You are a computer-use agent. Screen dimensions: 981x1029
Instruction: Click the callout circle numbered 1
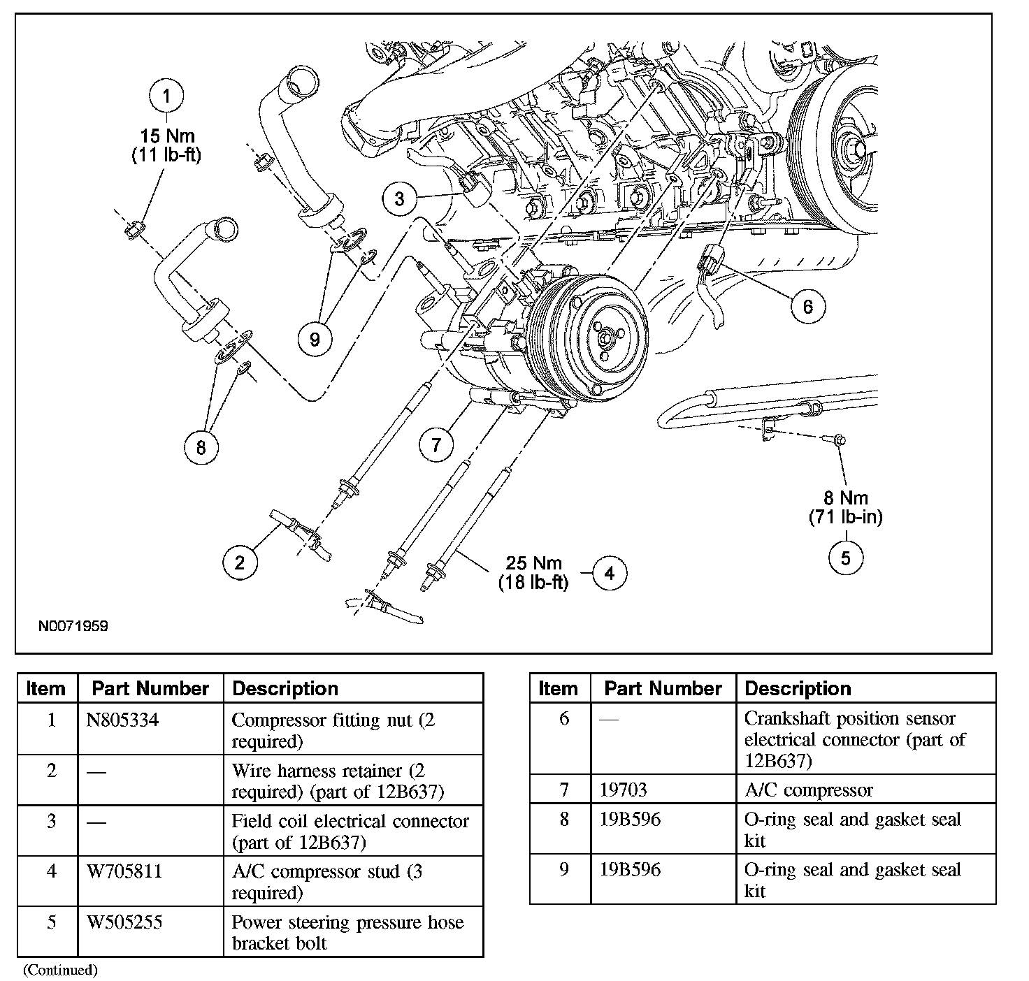166,96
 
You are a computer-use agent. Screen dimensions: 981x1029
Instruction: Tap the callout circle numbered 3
399,198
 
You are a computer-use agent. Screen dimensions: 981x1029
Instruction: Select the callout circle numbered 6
807,306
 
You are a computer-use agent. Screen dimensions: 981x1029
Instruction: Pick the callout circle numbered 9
315,339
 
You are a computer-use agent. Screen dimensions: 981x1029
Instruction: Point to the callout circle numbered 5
846,558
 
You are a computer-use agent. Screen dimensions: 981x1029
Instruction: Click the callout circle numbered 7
436,444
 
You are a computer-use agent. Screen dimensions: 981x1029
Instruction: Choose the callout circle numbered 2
240,562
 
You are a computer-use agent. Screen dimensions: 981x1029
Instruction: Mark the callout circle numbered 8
201,447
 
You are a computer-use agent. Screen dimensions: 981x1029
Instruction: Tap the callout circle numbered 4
610,573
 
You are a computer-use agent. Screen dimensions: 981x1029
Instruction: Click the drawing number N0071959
73,627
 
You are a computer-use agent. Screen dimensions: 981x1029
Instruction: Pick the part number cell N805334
122,720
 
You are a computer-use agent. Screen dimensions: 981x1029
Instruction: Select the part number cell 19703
624,790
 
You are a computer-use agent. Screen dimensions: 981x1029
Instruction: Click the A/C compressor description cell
809,790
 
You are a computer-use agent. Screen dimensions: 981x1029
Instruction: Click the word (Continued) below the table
60,970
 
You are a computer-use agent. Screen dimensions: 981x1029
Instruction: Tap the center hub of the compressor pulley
605,338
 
